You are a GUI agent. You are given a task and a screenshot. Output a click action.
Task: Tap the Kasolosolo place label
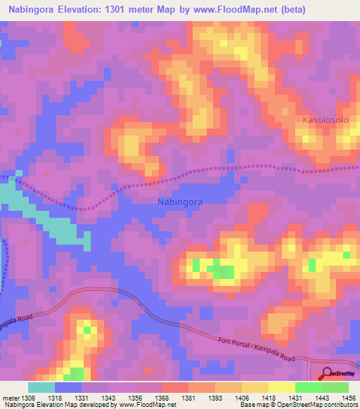click(x=326, y=120)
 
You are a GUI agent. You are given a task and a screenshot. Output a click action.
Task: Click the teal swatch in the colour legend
click(x=41, y=387)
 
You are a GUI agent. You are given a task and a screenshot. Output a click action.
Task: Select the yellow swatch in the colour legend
click(x=282, y=387)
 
